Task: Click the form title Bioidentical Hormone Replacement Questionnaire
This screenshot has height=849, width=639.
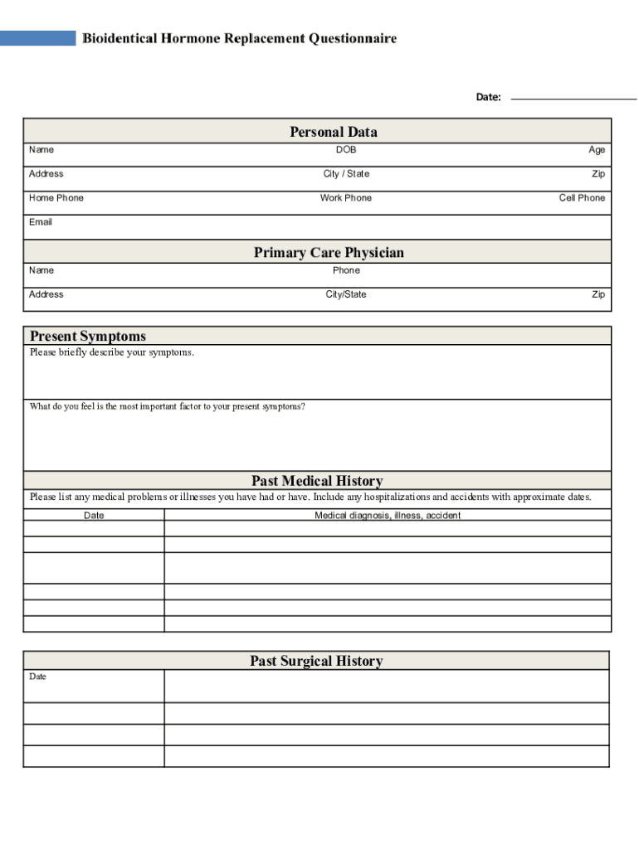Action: point(239,38)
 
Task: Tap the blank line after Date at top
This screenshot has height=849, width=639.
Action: point(573,98)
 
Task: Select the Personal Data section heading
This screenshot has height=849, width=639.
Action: point(334,132)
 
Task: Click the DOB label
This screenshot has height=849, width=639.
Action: point(346,150)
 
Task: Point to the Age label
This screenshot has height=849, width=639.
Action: point(597,150)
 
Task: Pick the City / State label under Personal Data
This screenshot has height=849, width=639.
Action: point(346,174)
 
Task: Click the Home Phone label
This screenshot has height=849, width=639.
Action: point(56,198)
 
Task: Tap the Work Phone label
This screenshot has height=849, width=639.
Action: point(346,198)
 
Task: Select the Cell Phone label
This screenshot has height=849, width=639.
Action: point(582,198)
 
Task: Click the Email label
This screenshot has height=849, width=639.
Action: point(41,222)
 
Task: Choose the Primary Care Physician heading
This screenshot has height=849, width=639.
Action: point(329,253)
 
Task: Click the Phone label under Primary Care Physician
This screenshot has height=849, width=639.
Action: point(346,270)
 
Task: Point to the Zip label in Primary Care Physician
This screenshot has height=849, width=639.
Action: point(598,294)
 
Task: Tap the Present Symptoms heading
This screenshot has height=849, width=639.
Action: point(88,336)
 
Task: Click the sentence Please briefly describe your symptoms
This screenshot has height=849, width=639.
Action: point(112,352)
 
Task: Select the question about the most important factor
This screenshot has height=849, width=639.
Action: point(168,406)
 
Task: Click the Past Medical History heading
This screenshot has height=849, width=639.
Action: point(317,481)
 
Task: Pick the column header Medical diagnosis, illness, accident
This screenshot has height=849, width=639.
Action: point(388,516)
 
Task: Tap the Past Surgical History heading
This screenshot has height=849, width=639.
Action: point(316,661)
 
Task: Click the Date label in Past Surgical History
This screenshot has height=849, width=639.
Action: point(38,677)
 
